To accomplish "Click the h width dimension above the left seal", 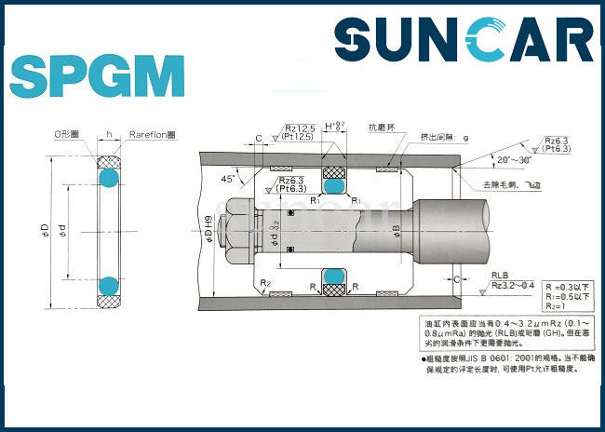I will pyautogui.click(x=108, y=134).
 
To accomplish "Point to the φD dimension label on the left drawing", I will pyautogui.click(x=47, y=229).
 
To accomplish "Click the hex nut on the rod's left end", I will pyautogui.click(x=238, y=228).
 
